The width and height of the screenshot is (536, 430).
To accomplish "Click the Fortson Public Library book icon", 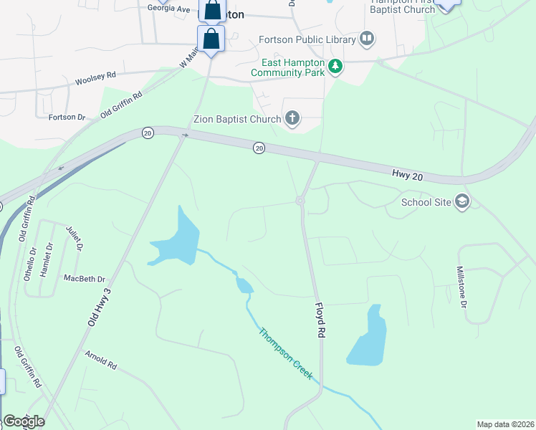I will click(x=367, y=37).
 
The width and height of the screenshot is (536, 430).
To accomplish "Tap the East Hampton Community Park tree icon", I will click(x=335, y=67).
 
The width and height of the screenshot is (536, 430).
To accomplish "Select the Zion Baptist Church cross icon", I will click(x=292, y=118).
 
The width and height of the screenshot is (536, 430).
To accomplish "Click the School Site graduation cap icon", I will click(x=462, y=201).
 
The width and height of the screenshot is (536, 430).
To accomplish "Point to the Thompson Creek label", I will click(x=286, y=354).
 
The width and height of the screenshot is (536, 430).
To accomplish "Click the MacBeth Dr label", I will click(x=84, y=278).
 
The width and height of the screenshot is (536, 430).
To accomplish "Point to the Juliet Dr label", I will click(x=75, y=238).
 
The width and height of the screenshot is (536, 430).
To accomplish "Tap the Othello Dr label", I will click(x=30, y=262).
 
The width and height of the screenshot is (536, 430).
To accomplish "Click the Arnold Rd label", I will click(x=100, y=360).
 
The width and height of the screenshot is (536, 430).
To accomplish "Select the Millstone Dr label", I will click(x=462, y=287).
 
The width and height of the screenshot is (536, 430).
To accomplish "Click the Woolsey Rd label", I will click(x=95, y=78).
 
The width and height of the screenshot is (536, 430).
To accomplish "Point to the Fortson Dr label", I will click(x=67, y=117).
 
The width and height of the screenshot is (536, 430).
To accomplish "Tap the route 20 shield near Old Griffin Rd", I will click(x=148, y=133).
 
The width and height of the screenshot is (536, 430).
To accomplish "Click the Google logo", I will click(x=24, y=421).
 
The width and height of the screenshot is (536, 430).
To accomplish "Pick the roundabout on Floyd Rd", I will click(x=300, y=201).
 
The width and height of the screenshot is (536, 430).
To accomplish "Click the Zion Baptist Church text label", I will click(x=238, y=119).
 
